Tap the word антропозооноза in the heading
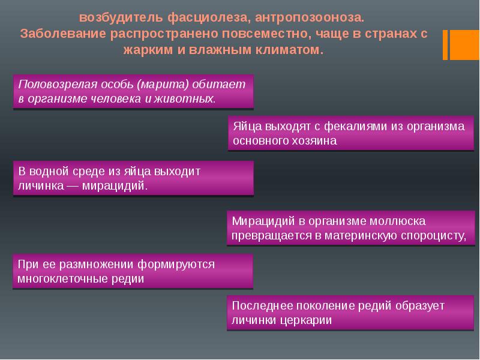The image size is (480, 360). coord(310,17)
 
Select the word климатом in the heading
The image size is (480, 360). coord(289,49)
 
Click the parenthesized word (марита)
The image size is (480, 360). coord(163,84)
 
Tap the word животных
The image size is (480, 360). coord(185,98)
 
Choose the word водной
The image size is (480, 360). coord(49,172)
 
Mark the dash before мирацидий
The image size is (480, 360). coord(73,186)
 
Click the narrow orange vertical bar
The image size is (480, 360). coord(445,44)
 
